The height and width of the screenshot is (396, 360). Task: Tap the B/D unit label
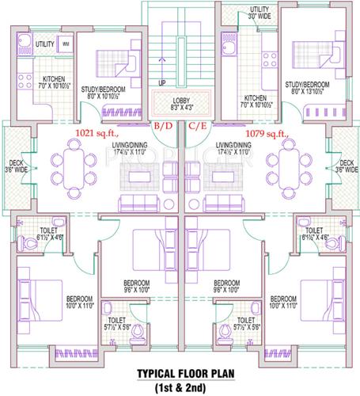163,126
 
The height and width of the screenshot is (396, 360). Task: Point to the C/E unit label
197,126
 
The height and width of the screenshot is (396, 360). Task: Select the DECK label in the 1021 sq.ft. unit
16,164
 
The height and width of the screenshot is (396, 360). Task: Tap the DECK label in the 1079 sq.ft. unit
343,164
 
